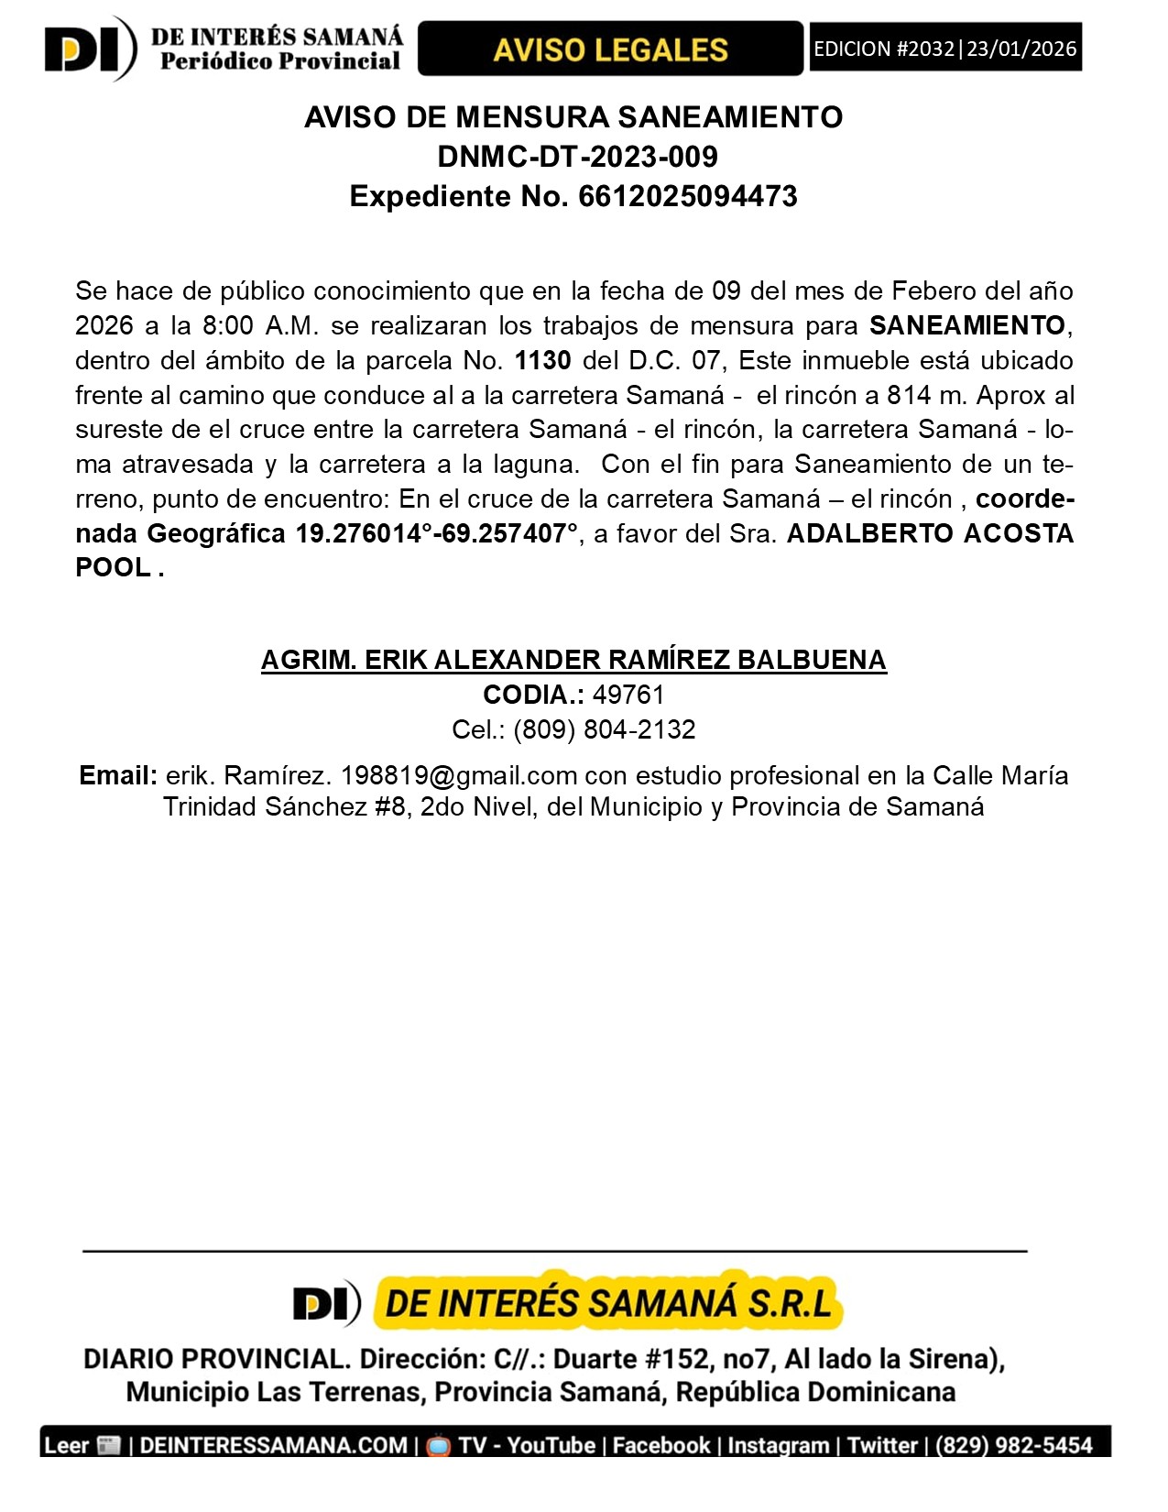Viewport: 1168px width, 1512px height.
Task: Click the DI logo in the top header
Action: pyautogui.click(x=89, y=49)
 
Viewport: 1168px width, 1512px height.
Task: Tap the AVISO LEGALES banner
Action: pyautogui.click(x=610, y=49)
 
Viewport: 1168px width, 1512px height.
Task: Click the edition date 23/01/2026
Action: pyautogui.click(x=1021, y=49)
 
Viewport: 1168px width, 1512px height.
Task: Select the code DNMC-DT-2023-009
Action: pyautogui.click(x=577, y=157)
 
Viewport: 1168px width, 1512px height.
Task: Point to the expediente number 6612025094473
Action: pyautogui.click(x=688, y=196)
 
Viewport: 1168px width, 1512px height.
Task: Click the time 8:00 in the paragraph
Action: pyautogui.click(x=228, y=325)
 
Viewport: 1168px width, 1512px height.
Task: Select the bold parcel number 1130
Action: pyautogui.click(x=543, y=360)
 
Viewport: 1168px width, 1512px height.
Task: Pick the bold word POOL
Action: pyautogui.click(x=113, y=567)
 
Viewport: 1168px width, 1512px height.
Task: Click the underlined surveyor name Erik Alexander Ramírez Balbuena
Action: pyautogui.click(x=573, y=660)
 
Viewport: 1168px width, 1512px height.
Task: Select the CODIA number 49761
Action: pyautogui.click(x=628, y=695)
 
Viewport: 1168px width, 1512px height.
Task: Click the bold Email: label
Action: pyautogui.click(x=118, y=775)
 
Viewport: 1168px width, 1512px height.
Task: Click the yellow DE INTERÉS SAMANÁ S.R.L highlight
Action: pyautogui.click(x=608, y=1302)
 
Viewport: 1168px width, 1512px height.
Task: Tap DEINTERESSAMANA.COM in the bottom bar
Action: pyautogui.click(x=273, y=1445)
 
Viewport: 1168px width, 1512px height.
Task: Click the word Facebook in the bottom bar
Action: pyautogui.click(x=661, y=1445)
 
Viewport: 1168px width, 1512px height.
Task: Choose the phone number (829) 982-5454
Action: pyautogui.click(x=1013, y=1445)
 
